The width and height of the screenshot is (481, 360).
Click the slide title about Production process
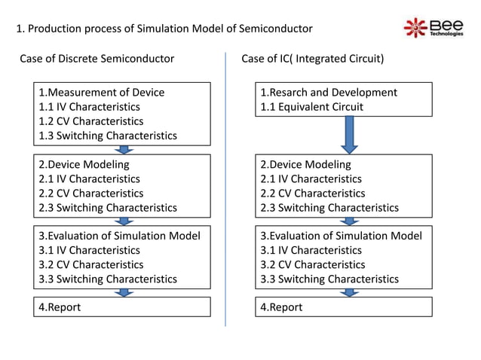pyautogui.click(x=164, y=29)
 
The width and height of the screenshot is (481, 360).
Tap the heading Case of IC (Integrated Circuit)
pyautogui.click(x=313, y=59)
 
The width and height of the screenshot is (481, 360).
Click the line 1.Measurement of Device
pyautogui.click(x=101, y=93)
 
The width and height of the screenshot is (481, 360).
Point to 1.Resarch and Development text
pyautogui.click(x=328, y=93)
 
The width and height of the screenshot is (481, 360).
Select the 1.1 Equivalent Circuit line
pyautogui.click(x=311, y=107)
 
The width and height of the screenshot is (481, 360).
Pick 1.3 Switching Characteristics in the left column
pyautogui.click(x=107, y=136)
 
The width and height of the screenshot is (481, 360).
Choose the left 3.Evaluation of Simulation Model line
pyautogui.click(x=119, y=236)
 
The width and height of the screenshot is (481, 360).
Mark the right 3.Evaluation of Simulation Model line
pyautogui.click(x=341, y=236)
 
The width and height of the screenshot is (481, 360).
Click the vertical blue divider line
pyautogui.click(x=226, y=188)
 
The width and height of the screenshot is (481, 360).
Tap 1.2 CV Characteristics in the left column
pyautogui.click(x=90, y=121)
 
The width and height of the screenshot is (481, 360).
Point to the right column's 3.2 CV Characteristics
pyautogui.click(x=312, y=264)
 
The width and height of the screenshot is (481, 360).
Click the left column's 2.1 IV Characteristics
pyautogui.click(x=89, y=178)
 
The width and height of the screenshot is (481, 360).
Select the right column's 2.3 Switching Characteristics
pyautogui.click(x=329, y=207)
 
